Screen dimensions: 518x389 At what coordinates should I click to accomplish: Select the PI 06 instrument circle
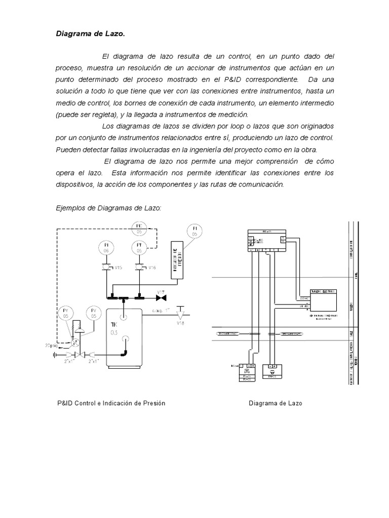pos(106,247)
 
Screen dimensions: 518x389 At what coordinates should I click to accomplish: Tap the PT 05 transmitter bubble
pos(139,247)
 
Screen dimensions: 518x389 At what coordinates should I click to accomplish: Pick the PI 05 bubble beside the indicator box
pos(194,232)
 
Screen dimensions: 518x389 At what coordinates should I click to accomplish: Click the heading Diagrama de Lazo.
pos(89,34)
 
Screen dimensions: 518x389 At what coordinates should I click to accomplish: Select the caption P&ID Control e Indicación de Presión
pos(111,403)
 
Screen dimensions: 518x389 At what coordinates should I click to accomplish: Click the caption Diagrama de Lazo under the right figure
pos(276,403)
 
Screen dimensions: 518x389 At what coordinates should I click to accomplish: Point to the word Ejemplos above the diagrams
pos(69,208)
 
